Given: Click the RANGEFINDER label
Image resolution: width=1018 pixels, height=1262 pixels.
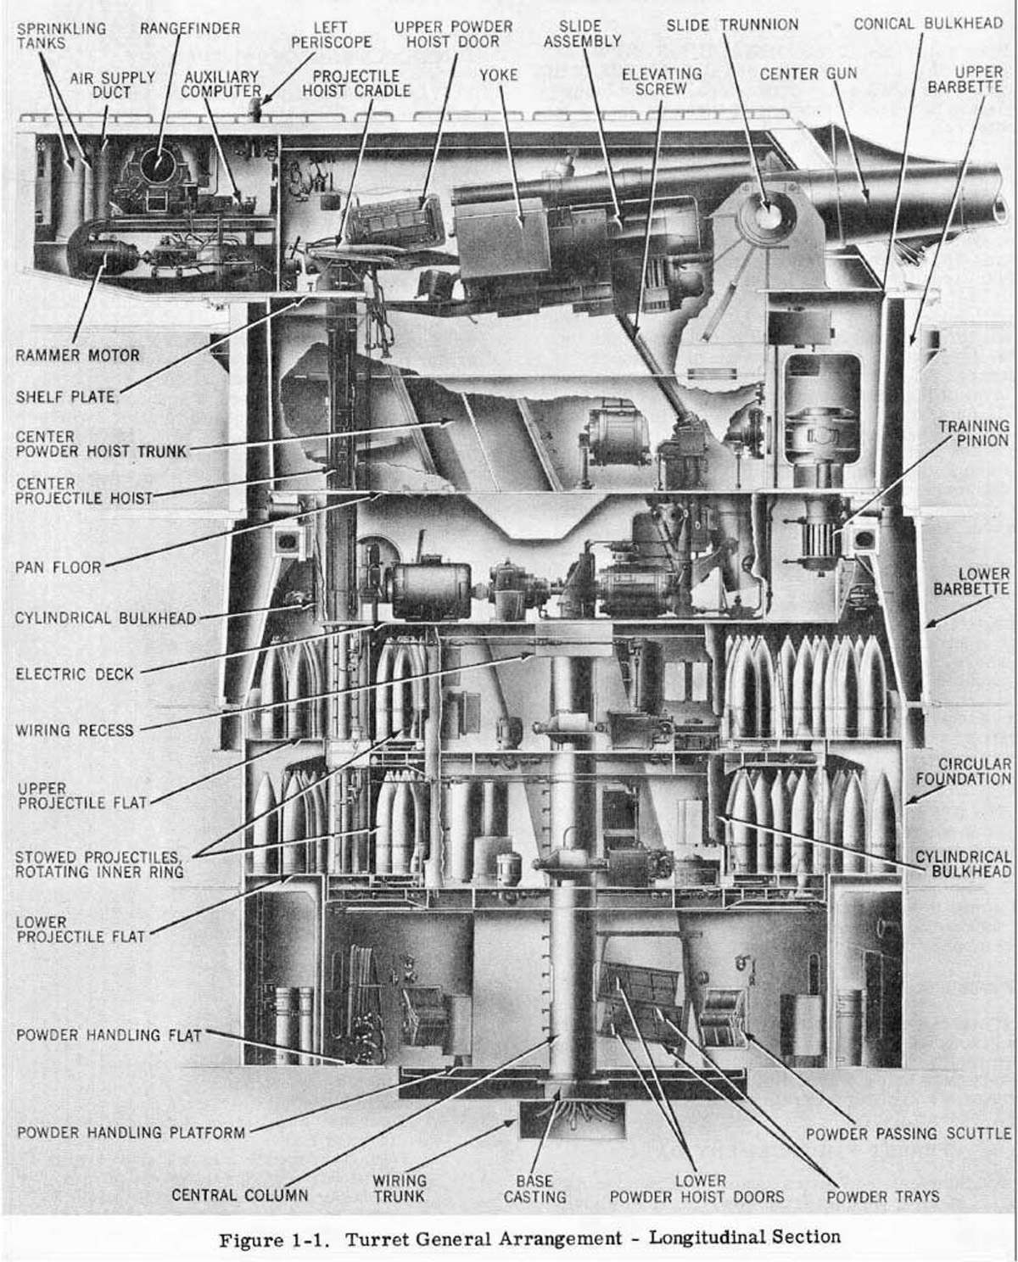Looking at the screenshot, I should [190, 29].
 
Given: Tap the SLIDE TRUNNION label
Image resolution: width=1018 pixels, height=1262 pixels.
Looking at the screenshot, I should [731, 25].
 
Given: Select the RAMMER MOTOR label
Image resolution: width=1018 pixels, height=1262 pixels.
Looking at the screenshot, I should [77, 355].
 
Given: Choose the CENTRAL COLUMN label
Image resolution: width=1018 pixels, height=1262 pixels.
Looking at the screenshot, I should [239, 1196].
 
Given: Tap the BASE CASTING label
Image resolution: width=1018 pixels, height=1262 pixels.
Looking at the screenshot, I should [534, 1188].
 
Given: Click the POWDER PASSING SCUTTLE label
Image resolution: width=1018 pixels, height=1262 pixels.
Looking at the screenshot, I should [908, 1133].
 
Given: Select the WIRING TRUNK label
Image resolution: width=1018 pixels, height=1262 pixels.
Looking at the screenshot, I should [400, 1188].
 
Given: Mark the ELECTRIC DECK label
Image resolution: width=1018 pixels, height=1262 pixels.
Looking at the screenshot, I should [75, 674].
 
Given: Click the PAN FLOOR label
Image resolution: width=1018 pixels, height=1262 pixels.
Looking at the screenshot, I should [59, 567].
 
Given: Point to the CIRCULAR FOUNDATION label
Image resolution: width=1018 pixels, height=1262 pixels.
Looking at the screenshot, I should [974, 771].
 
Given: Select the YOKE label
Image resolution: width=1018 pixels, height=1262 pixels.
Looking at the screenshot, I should [498, 75].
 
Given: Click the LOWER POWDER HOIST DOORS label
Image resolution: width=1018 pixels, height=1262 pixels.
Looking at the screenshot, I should [696, 1188].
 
